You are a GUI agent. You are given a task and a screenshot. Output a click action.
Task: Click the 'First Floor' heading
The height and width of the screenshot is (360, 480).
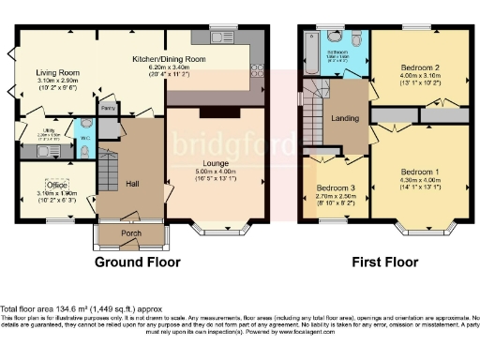point(384,263)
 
